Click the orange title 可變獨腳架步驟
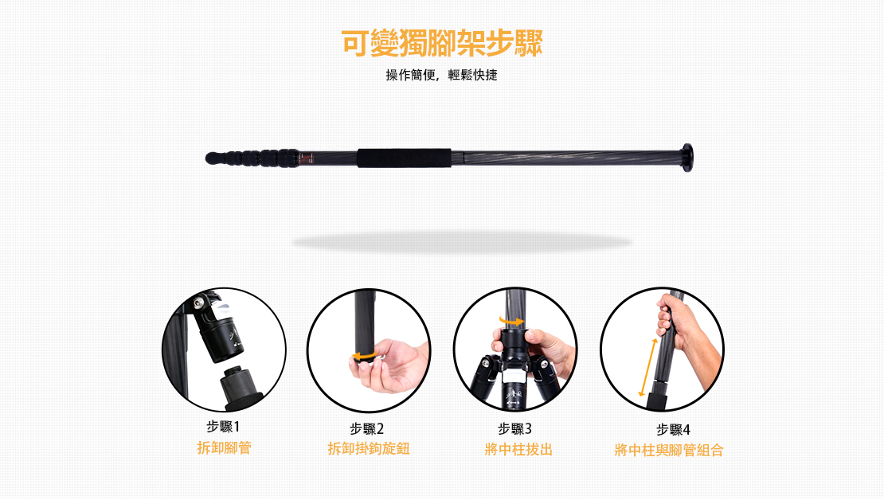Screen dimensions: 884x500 [x=441, y=43]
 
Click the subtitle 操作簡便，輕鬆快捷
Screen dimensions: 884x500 [x=441, y=75]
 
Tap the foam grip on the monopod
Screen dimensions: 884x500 [x=404, y=158]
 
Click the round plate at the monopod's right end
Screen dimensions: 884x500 [x=686, y=158]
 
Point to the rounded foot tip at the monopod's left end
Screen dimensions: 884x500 [x=213, y=158]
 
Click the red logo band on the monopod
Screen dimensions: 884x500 [x=306, y=158]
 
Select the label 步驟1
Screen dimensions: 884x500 [x=223, y=427]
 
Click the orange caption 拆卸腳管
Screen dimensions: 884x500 [x=224, y=447]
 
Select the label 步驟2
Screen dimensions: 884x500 [x=366, y=429]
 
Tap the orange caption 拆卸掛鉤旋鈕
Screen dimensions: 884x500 [x=369, y=449]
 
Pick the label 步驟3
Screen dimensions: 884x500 [x=514, y=429]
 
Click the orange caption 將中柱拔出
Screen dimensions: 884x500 [x=518, y=450]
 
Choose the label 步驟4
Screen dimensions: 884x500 [x=673, y=429]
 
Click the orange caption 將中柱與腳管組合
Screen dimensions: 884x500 [x=669, y=451]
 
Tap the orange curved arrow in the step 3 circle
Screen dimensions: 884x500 [x=511, y=321]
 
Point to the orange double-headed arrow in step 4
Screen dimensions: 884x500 [x=647, y=367]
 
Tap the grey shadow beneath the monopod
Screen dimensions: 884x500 [x=461, y=242]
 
